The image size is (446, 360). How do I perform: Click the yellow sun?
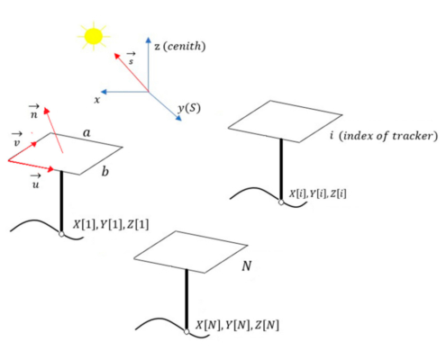pos(94,36)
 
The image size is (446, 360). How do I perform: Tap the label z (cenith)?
pos(180,46)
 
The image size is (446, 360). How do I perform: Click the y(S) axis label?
pos(189,108)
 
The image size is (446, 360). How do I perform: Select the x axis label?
pos(96,100)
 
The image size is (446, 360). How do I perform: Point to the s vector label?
pos(131,58)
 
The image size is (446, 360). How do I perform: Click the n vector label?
pos(34,112)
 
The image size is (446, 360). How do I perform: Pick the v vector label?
pos(17,139)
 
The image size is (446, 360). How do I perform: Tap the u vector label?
pos(35,181)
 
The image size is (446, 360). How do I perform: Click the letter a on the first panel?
pos(86,132)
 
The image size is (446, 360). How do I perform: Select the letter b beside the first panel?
pos(105,171)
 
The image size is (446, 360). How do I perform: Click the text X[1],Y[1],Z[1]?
pos(111,224)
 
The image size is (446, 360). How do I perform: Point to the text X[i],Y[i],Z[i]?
pos(318,193)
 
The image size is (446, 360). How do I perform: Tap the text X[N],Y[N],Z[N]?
pos(237,325)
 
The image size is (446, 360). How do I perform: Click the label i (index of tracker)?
pos(384,136)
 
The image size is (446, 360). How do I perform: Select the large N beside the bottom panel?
pos(247,265)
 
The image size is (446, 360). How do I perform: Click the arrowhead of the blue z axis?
pos(148,40)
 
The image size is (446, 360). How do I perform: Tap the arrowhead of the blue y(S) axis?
pos(178,118)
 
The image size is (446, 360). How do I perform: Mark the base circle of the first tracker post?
pos(61,234)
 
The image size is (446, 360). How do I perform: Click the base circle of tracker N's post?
pos(187,332)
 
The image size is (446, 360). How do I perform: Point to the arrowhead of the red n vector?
pos(47,111)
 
